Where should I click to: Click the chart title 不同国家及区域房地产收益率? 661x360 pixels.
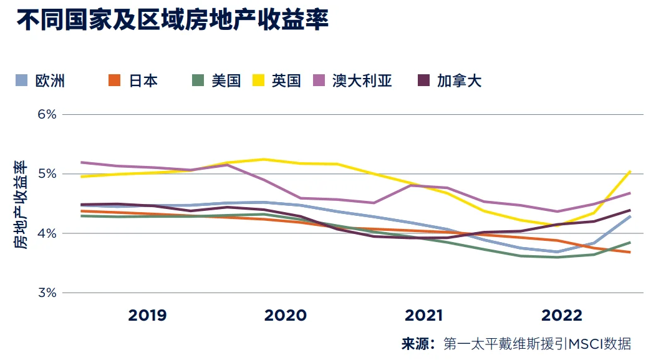(x=173, y=20)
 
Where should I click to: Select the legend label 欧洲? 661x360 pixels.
(x=51, y=80)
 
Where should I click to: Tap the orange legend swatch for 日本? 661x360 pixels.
(x=114, y=80)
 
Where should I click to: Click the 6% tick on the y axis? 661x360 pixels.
(x=47, y=115)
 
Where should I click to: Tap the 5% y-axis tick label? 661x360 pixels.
(x=47, y=174)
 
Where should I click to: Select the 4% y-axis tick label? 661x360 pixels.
(x=47, y=233)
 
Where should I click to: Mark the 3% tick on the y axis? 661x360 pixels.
(x=47, y=293)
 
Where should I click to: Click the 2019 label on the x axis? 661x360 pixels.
(x=147, y=315)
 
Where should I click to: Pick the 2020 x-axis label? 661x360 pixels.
(x=286, y=315)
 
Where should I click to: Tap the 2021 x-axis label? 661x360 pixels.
(x=424, y=315)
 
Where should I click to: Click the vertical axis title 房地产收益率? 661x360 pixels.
(x=21, y=204)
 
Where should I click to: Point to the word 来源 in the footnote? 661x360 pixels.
(x=415, y=344)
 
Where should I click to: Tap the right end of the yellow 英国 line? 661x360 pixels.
(x=630, y=171)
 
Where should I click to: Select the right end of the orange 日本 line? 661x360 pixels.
(x=630, y=252)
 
